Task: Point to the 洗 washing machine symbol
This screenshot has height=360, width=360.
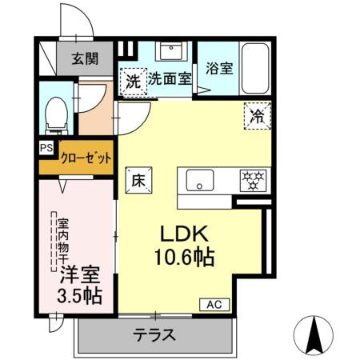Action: click(x=132, y=80)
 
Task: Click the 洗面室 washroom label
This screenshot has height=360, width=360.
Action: click(x=169, y=80)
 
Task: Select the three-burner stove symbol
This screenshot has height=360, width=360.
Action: click(x=254, y=179)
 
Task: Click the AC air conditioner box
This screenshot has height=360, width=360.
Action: click(x=215, y=305)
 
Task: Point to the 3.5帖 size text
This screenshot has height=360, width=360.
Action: click(x=79, y=295)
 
